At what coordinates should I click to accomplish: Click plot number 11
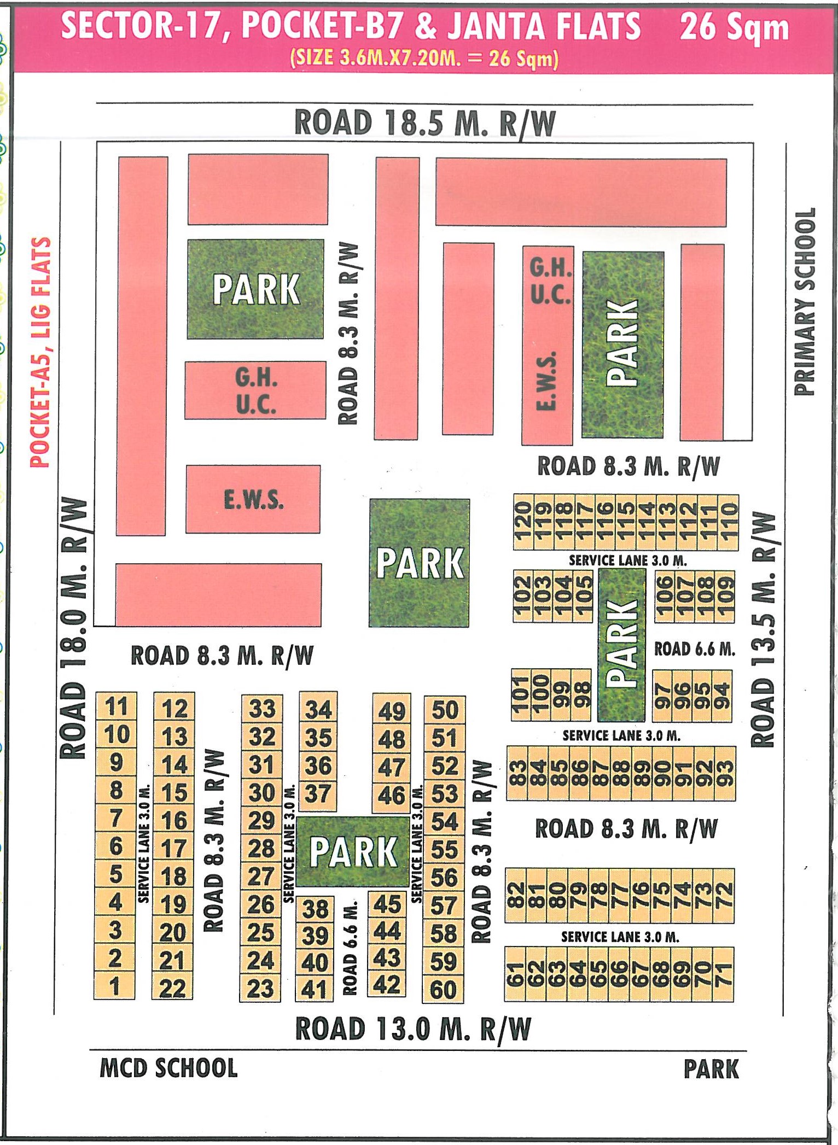pos(116,706)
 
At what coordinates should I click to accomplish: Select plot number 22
pos(173,989)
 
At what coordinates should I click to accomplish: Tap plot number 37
pos(318,793)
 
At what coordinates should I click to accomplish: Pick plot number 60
pos(444,990)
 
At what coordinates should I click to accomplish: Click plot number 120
pos(522,522)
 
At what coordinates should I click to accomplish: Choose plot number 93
pos(725,773)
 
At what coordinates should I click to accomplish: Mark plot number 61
pos(515,975)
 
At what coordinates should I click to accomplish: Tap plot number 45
pos(387,904)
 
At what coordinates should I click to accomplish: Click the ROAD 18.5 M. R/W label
pos(424,122)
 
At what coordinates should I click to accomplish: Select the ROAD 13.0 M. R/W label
pos(413,1029)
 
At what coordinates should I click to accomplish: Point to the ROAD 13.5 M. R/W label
pos(764,629)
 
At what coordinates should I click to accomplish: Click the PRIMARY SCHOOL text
pos(805,301)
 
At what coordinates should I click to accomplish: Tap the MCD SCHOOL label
pos(168,1068)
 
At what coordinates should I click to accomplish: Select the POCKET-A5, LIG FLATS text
pos(40,352)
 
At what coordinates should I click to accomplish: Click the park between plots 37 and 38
pos(353,851)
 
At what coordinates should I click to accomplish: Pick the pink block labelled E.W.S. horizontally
pos(253,499)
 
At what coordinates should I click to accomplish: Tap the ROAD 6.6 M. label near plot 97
pos(694,649)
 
